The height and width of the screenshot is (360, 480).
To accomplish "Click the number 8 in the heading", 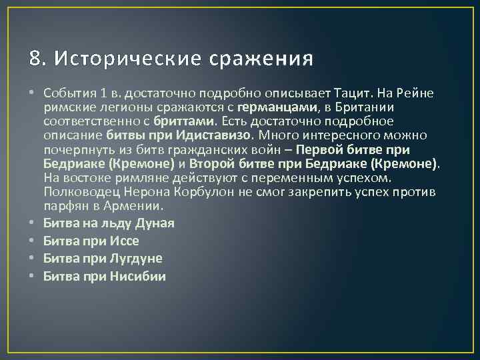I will pos(35,59).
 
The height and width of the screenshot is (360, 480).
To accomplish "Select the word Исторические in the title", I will pos(126,59).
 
